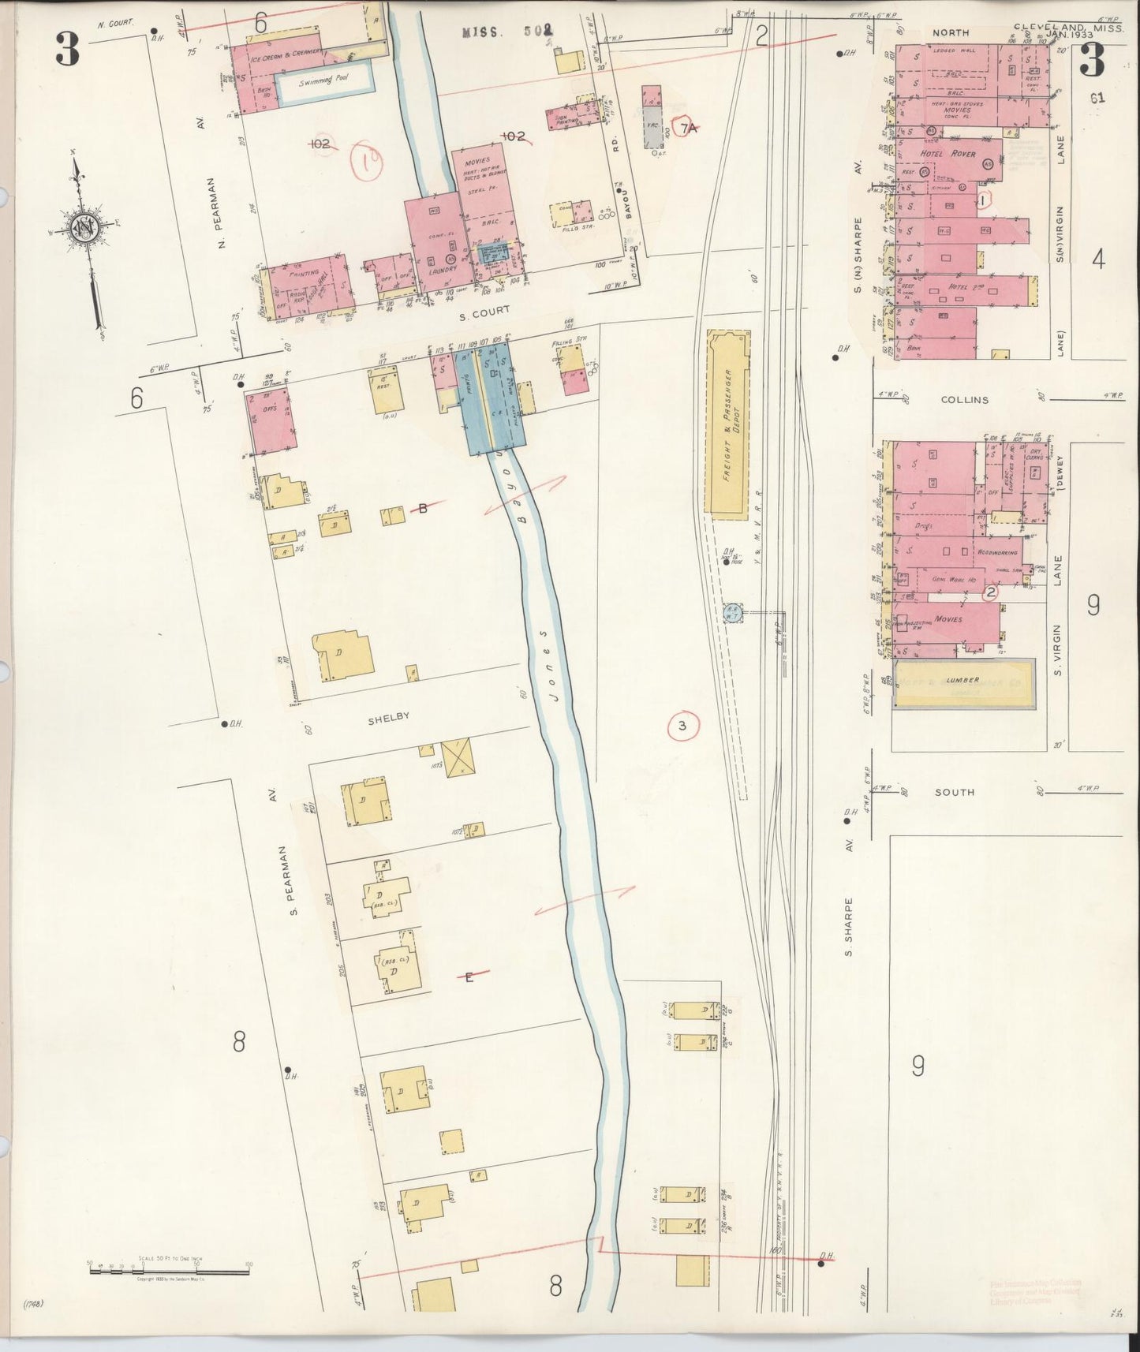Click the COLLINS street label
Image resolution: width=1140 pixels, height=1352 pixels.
tap(964, 400)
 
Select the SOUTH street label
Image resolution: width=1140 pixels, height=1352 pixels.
tap(954, 792)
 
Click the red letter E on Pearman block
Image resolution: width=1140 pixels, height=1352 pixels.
tap(469, 977)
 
